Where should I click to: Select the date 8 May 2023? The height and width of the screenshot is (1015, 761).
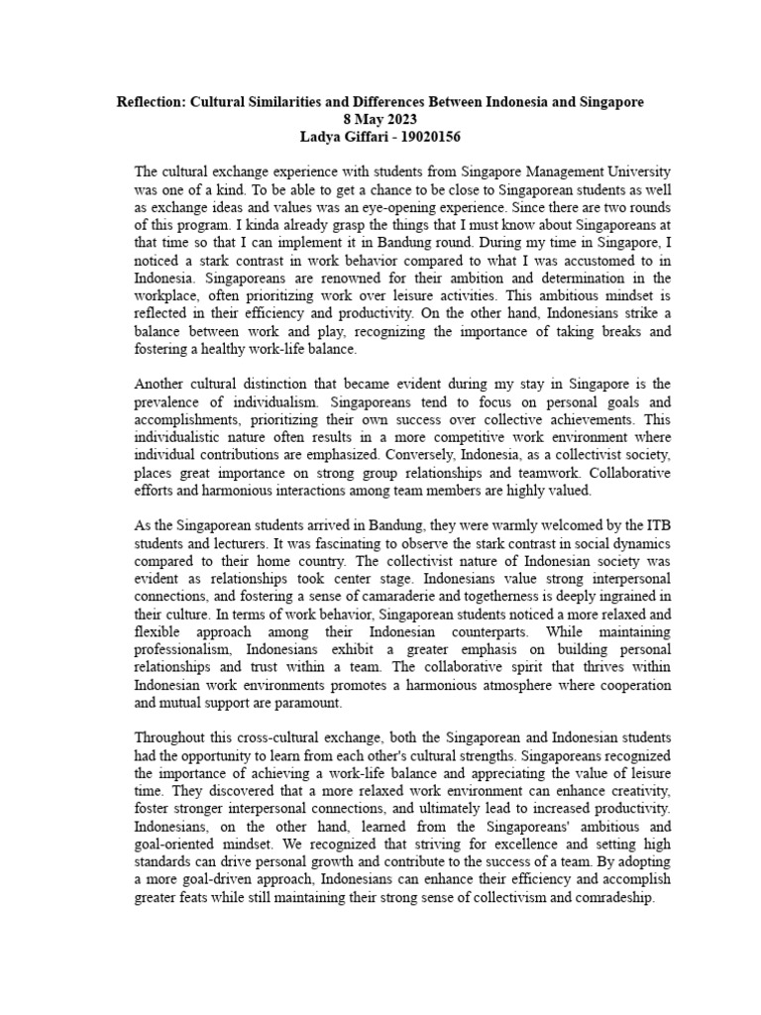(x=380, y=119)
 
